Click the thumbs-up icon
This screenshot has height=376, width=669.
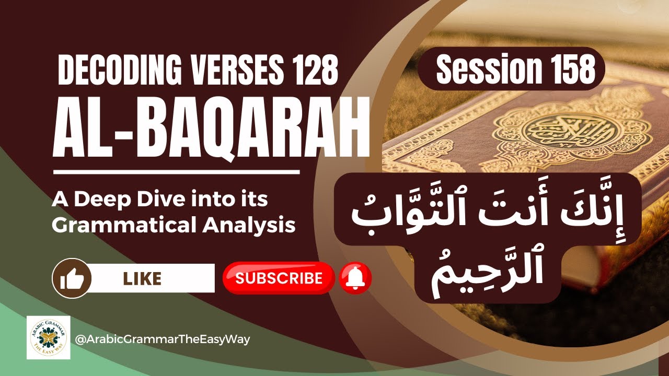click(72, 278)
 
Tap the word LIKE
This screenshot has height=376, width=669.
click(142, 278)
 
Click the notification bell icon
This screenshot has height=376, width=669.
click(355, 278)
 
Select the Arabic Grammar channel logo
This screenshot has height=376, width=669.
click(49, 337)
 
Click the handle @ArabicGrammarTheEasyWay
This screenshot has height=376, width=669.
click(163, 339)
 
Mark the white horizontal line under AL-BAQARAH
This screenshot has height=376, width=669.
click(176, 171)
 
